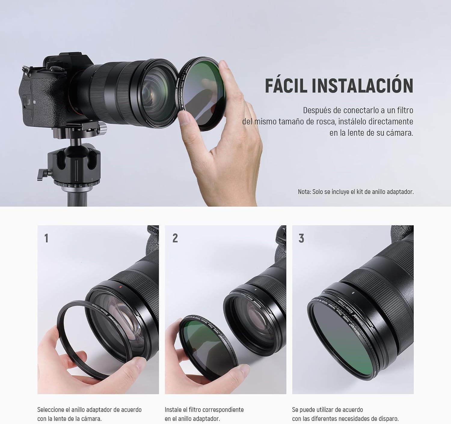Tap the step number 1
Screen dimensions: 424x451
(x=46, y=238)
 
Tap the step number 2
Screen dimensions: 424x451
(x=175, y=238)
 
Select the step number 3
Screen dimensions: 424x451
(x=301, y=238)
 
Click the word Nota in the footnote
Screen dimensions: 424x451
(x=304, y=192)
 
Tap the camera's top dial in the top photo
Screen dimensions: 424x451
(x=55, y=69)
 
